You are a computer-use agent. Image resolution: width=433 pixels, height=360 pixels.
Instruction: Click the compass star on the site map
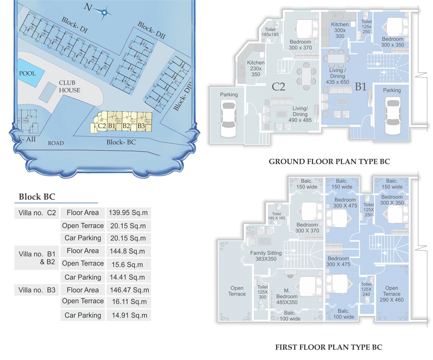(x=104, y=13)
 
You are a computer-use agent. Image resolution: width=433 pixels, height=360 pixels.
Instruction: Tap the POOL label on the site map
(x=27, y=74)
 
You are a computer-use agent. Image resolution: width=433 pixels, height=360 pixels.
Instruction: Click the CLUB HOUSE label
(x=69, y=87)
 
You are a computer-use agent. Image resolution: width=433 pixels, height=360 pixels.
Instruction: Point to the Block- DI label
(x=74, y=25)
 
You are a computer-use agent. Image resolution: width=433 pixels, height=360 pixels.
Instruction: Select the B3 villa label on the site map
(x=141, y=126)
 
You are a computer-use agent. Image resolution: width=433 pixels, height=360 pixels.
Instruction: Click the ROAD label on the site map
(x=56, y=143)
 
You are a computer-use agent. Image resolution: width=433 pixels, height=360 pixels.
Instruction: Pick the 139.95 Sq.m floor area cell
(x=128, y=213)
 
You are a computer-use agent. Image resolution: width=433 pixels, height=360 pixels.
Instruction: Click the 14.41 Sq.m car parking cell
(x=127, y=277)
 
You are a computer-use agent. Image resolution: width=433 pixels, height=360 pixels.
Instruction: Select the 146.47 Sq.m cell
(x=129, y=290)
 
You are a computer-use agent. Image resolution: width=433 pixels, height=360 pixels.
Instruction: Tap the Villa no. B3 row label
(x=37, y=290)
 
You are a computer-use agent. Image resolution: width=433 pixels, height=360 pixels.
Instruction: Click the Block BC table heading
(x=37, y=197)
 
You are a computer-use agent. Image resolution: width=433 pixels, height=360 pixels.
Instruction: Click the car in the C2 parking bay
(x=228, y=120)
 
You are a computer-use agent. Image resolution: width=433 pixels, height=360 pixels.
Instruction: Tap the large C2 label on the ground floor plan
(x=278, y=87)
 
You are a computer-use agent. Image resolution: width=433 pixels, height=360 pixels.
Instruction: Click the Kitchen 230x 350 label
(x=256, y=68)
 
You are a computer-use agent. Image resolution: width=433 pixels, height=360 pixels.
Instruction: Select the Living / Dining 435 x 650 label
(x=337, y=76)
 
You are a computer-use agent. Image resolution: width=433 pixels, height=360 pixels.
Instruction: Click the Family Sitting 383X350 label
(x=266, y=256)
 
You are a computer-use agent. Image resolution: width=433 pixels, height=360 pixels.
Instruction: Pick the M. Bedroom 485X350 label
(x=287, y=296)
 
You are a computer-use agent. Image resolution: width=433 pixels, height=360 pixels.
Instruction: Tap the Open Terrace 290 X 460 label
(x=391, y=294)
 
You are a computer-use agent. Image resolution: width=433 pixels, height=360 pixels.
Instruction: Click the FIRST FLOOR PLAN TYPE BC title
(x=329, y=347)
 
